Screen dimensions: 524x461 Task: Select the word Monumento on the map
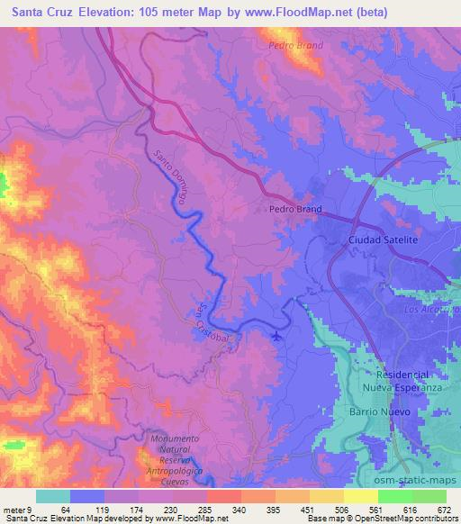coord(177,437)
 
